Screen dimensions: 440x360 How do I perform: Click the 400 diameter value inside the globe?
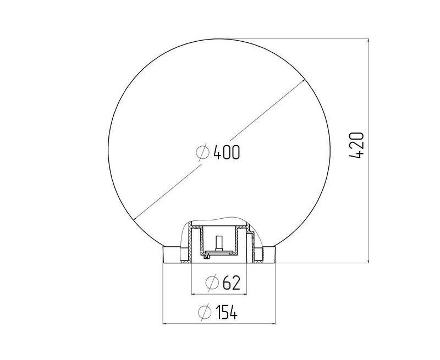227,152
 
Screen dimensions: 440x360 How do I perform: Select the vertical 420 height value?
356,145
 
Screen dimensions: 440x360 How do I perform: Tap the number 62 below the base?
232,283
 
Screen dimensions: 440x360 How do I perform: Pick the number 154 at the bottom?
227,312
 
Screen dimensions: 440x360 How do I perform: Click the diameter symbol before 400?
203,152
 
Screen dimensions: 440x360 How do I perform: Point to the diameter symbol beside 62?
212,283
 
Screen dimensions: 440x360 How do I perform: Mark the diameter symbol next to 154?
205,312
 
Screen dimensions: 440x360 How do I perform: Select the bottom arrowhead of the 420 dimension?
368,259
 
